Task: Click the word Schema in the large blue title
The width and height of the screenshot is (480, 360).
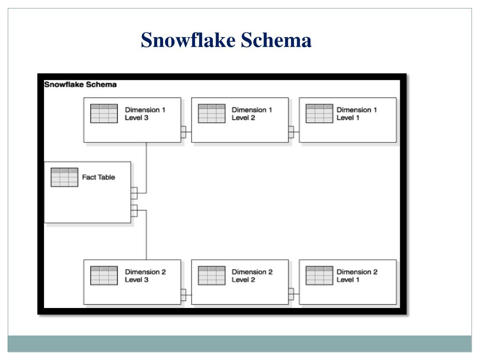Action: (276, 40)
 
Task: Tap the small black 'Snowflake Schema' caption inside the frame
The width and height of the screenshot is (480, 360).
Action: (80, 84)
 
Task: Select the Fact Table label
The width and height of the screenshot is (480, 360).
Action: (98, 177)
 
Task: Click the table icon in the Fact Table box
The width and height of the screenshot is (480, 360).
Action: (64, 177)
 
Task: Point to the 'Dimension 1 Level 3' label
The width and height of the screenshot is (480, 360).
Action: (145, 113)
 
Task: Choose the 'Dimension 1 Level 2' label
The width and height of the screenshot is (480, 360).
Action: (252, 113)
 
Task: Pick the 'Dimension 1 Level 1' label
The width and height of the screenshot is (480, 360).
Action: (357, 113)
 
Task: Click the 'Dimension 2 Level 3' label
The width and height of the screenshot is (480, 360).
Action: (145, 276)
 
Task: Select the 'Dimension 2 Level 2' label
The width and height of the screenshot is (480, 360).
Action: (252, 276)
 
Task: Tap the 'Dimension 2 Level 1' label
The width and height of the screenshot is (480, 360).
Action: (357, 276)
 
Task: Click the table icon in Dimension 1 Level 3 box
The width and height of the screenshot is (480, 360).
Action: (104, 113)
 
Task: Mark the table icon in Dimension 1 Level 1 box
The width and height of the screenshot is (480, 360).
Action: (319, 113)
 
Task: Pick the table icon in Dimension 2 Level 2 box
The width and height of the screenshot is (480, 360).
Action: (211, 276)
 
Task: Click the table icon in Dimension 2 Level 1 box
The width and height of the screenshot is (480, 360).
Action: (319, 276)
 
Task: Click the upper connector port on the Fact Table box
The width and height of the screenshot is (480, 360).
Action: (134, 193)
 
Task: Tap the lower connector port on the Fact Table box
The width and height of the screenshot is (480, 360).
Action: (134, 210)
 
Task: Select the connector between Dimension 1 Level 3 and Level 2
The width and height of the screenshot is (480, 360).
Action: (186, 132)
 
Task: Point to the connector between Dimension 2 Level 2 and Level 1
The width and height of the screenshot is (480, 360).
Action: (294, 294)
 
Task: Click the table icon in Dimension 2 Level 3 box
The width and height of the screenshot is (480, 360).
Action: (104, 276)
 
